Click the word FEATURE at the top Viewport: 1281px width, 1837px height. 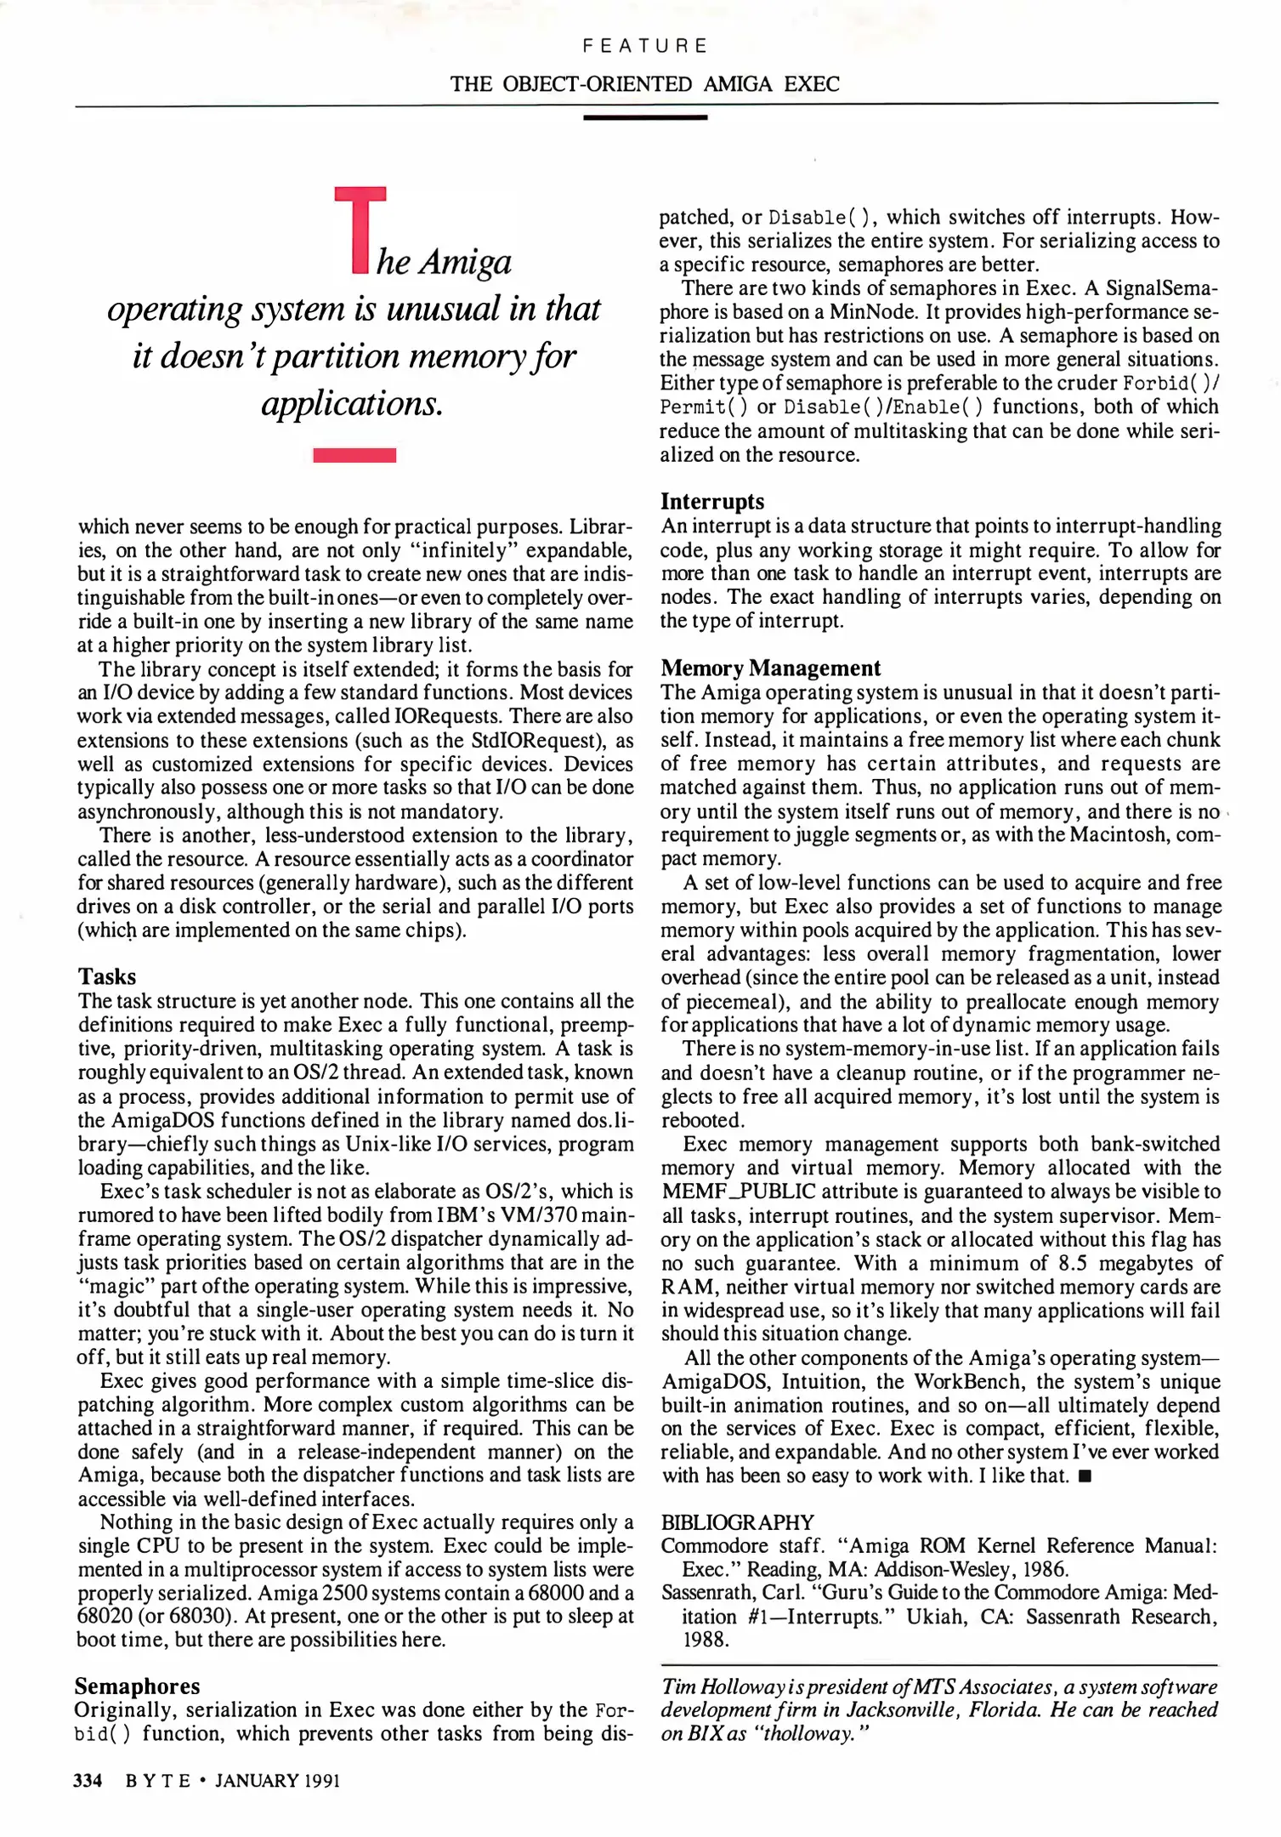644,46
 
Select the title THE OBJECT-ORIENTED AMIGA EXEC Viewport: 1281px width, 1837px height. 644,84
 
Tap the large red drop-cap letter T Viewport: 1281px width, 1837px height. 360,230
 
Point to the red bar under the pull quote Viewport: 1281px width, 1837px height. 354,455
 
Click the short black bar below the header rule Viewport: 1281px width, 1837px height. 645,117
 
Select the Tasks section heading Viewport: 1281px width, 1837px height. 107,976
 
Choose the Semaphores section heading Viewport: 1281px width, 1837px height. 138,1686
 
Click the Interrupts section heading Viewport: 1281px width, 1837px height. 712,501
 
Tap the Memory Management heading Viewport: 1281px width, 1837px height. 770,668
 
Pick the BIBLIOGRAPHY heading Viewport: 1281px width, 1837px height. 737,1521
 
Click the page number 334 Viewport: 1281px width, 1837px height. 88,1780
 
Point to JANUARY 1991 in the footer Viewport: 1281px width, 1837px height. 277,1781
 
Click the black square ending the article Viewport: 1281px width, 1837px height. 1084,1476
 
